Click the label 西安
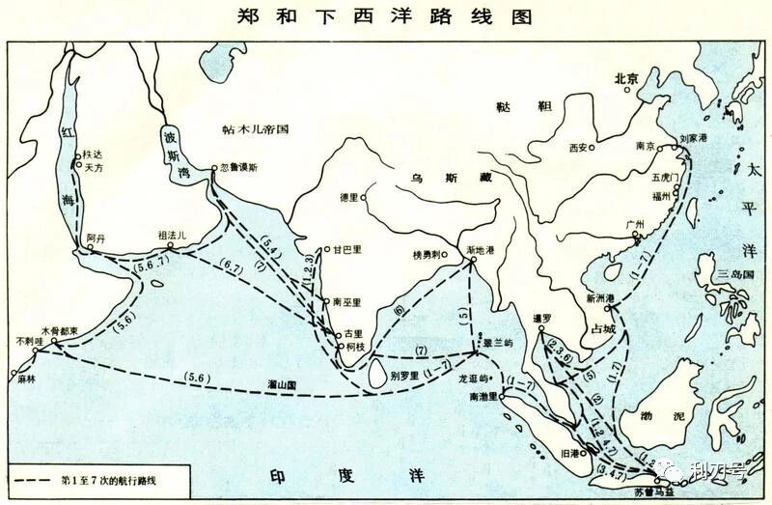coord(577,148)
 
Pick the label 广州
coord(635,222)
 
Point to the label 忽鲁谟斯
coord(239,167)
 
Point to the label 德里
coord(348,197)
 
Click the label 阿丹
coord(94,237)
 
